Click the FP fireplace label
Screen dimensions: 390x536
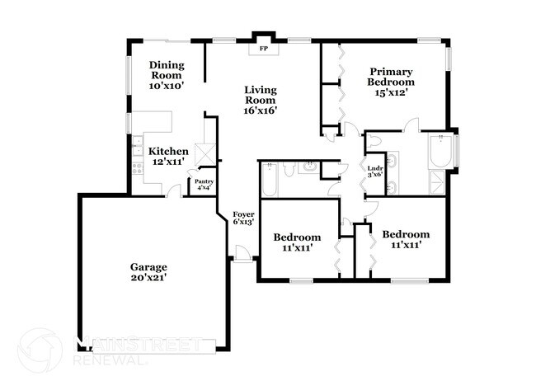[264, 49]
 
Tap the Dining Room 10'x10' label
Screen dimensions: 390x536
[166, 74]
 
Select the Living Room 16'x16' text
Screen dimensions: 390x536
[260, 99]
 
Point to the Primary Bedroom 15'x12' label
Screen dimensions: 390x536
[391, 82]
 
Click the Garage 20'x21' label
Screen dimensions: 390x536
[148, 273]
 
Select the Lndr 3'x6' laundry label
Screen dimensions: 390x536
[374, 171]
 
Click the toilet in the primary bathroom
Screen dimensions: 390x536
[374, 142]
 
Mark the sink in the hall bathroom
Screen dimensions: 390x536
[308, 167]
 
